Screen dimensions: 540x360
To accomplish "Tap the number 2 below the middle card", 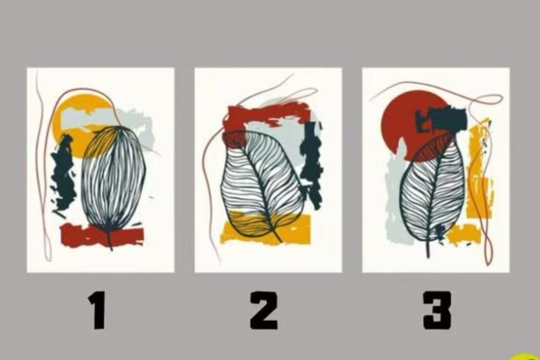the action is click(264, 310).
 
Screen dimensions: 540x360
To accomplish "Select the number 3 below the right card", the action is click(437, 310).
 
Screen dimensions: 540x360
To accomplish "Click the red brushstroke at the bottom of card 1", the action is click(102, 236).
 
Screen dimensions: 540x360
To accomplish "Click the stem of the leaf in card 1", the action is click(110, 240).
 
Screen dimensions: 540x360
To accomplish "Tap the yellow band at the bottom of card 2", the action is click(265, 228).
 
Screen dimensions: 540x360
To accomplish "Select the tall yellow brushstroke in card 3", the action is click(479, 172).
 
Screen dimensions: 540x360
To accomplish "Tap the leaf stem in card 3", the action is click(428, 248).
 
